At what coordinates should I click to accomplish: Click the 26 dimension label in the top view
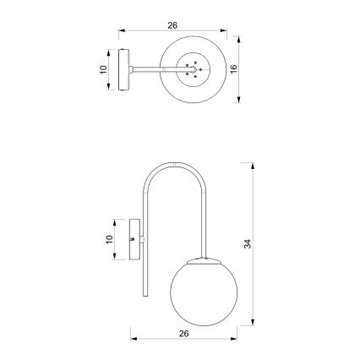173,26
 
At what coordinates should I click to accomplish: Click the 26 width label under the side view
183,333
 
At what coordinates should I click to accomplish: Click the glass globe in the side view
203,287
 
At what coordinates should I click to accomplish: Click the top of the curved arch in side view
176,163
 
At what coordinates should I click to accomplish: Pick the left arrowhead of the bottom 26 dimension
133,340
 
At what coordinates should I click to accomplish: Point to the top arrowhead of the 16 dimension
237,39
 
